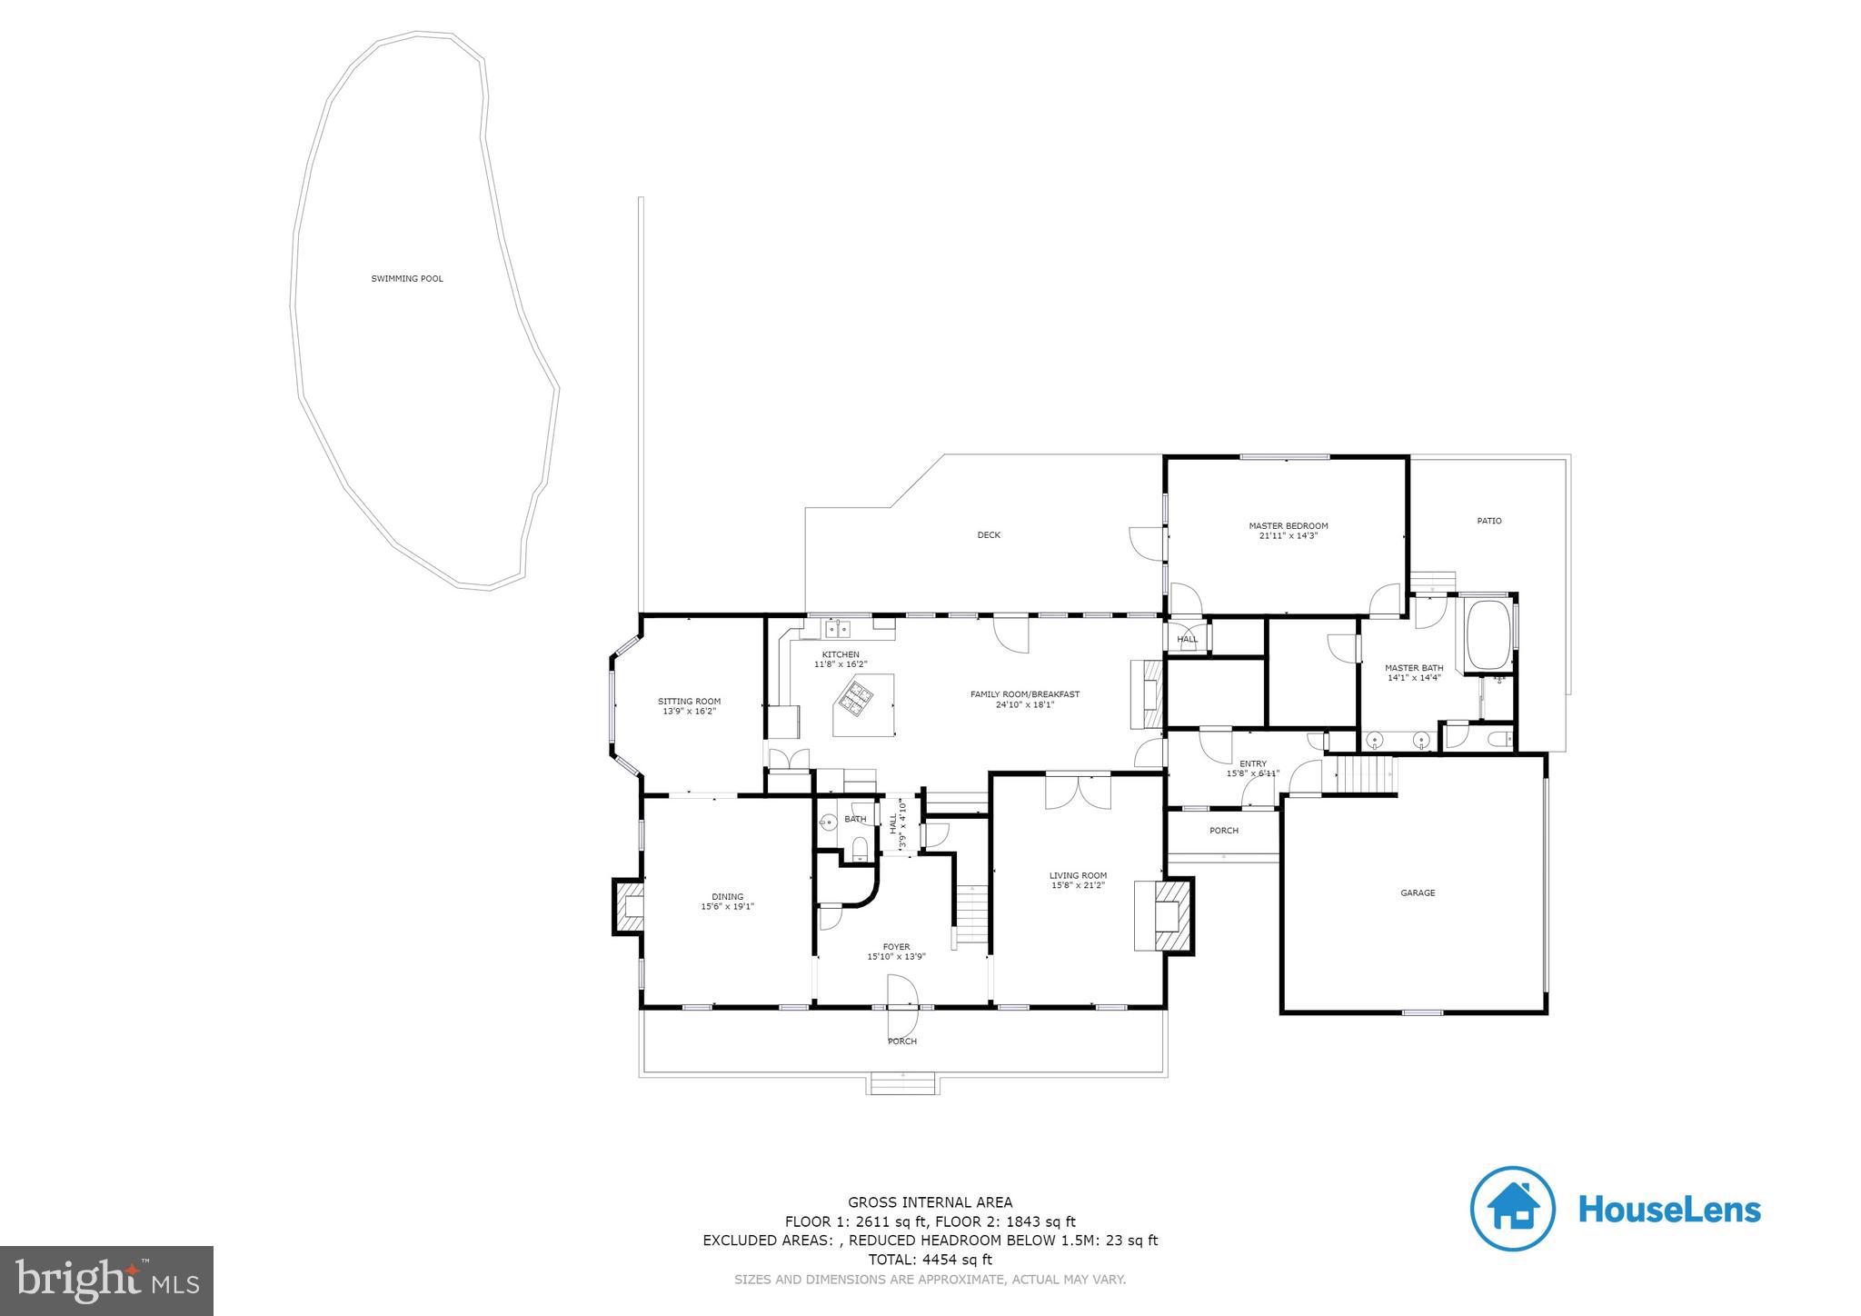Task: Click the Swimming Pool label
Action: pyautogui.click(x=407, y=279)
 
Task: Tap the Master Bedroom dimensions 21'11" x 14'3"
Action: pyautogui.click(x=1288, y=536)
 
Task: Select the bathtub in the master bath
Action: pyautogui.click(x=1487, y=634)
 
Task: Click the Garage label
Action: pyautogui.click(x=1417, y=893)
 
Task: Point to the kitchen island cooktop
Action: pyautogui.click(x=855, y=696)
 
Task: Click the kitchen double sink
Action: pyautogui.click(x=838, y=627)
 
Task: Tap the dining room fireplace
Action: pyautogui.click(x=627, y=906)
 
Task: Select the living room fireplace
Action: pyautogui.click(x=1168, y=915)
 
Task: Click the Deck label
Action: pyautogui.click(x=989, y=535)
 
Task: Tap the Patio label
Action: pyautogui.click(x=1488, y=522)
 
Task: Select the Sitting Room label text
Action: pyautogui.click(x=689, y=702)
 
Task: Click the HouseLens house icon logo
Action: pyautogui.click(x=1512, y=1209)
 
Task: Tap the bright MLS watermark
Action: pyautogui.click(x=106, y=1281)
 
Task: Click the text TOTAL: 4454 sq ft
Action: pyautogui.click(x=930, y=1260)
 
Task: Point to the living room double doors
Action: pyautogui.click(x=1078, y=791)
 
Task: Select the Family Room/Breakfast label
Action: pyautogui.click(x=1024, y=694)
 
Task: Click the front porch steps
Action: pyautogui.click(x=902, y=1084)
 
